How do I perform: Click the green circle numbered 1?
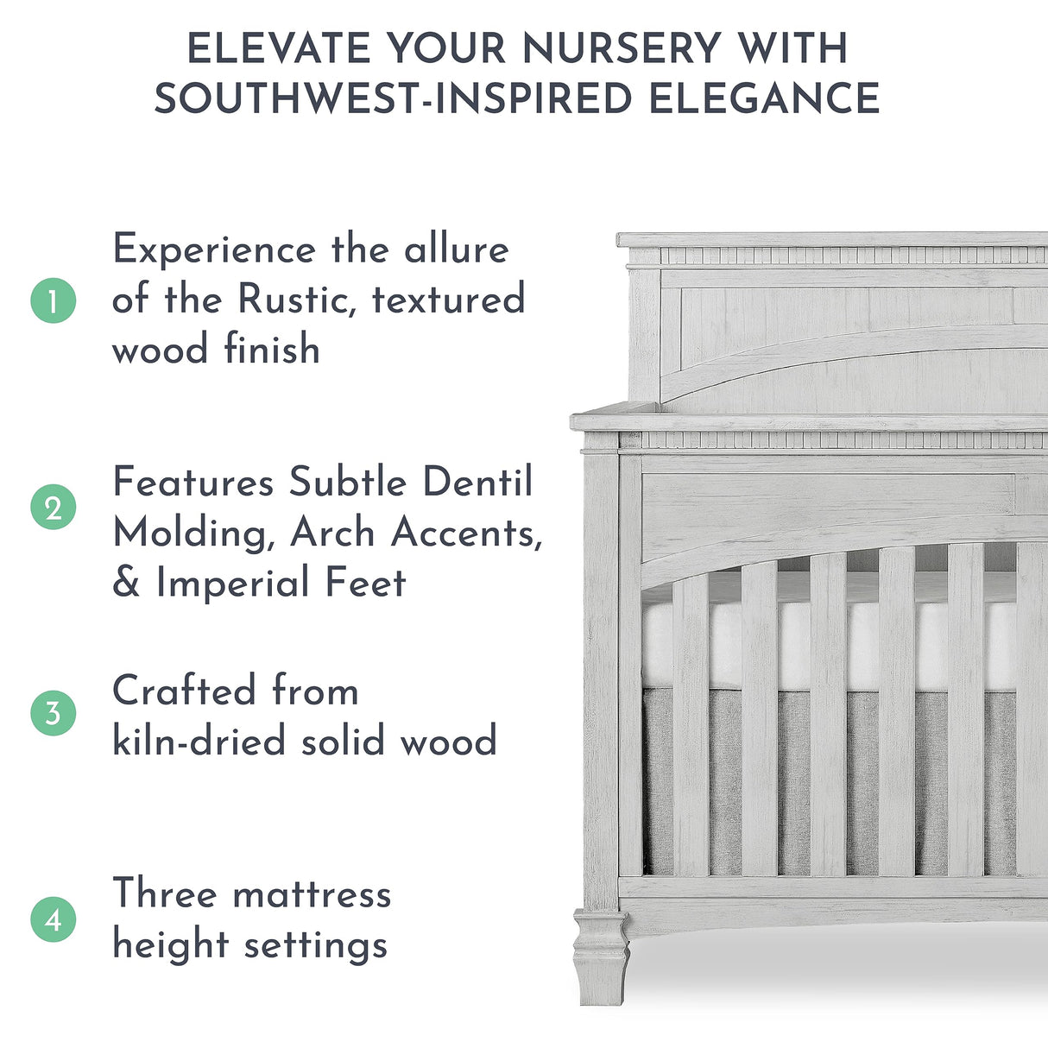point(54,301)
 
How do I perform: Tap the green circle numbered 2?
point(54,508)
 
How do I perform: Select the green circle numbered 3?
point(54,713)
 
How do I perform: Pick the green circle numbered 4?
point(54,919)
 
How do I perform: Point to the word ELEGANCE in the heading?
point(764,98)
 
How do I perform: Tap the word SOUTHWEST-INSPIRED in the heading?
point(394,98)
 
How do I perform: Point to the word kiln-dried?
point(199,742)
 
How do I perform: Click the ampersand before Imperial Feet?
point(126,584)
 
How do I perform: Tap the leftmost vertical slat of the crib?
point(690,725)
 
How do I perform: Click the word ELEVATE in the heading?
point(279,48)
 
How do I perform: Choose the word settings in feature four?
point(315,945)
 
